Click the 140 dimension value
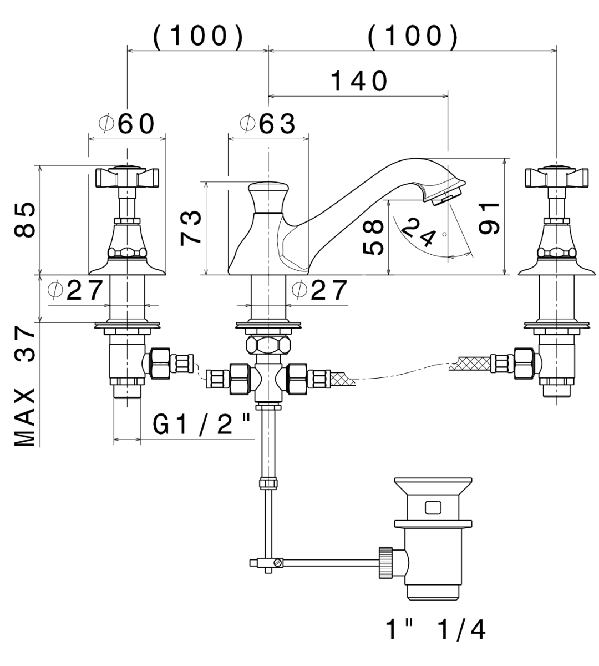pyautogui.click(x=358, y=82)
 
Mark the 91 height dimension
pyautogui.click(x=489, y=218)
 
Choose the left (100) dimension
pyautogui.click(x=198, y=37)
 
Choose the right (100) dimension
pyautogui.click(x=413, y=37)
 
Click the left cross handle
pyautogui.click(x=128, y=176)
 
